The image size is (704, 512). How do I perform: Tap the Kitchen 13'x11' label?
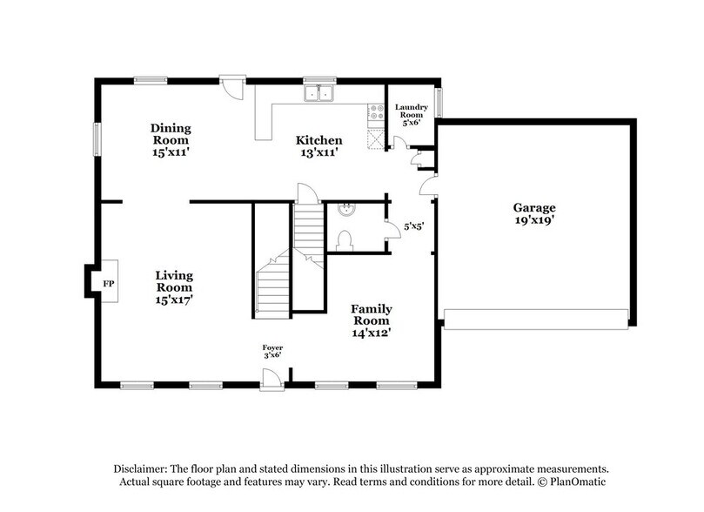pyautogui.click(x=318, y=145)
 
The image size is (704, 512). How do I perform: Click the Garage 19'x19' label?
pyautogui.click(x=534, y=213)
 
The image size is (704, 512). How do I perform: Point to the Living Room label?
pyautogui.click(x=174, y=286)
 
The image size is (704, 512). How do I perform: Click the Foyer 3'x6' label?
pyautogui.click(x=272, y=353)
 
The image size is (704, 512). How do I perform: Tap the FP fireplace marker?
pyautogui.click(x=109, y=285)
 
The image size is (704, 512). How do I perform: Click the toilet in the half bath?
pyautogui.click(x=344, y=239)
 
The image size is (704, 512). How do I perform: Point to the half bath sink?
pyautogui.click(x=345, y=209)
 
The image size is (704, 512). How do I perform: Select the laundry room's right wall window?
pyautogui.click(x=439, y=102)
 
